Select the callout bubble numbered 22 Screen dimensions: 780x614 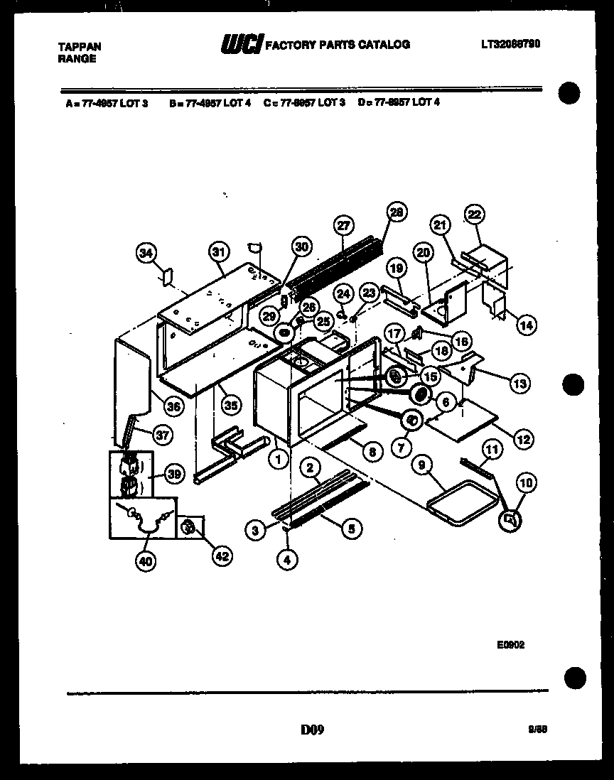(x=474, y=214)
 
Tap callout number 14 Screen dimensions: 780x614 (x=527, y=325)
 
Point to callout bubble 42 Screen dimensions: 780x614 (x=222, y=556)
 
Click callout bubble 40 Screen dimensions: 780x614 (x=145, y=561)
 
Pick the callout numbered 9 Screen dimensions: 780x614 (x=422, y=467)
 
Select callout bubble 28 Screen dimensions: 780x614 (x=397, y=212)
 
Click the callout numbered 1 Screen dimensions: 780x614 (x=279, y=460)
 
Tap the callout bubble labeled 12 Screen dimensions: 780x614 (x=523, y=440)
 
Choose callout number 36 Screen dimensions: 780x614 (x=172, y=406)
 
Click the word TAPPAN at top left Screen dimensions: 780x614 (x=79, y=47)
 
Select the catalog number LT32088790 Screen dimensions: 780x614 (x=510, y=44)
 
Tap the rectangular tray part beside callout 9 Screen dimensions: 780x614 (x=462, y=503)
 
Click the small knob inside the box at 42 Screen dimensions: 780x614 (x=189, y=527)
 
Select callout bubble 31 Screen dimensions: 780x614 (x=220, y=251)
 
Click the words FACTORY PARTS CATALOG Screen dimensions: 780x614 (x=338, y=45)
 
